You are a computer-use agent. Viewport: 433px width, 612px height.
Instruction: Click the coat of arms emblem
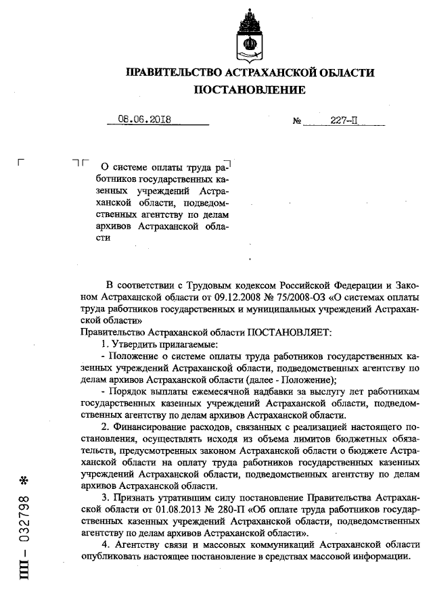click(x=250, y=37)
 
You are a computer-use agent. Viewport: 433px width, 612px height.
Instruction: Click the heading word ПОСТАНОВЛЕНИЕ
click(x=250, y=90)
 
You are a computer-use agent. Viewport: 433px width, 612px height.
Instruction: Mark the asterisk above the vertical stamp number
click(x=24, y=481)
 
